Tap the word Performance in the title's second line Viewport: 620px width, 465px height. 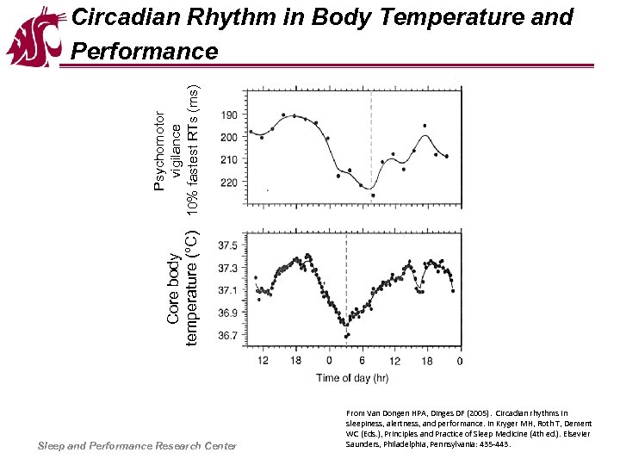coord(145,52)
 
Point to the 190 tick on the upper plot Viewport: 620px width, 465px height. coord(230,115)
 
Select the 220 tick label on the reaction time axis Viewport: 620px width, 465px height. coord(230,183)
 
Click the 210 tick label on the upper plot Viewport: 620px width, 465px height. coord(230,160)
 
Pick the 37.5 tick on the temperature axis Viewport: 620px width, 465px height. coord(228,245)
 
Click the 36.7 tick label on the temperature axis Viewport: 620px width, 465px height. coord(228,336)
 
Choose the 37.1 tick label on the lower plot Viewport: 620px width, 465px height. coord(228,290)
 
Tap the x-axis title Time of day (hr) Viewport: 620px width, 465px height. coord(351,377)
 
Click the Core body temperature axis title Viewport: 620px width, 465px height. coord(183,288)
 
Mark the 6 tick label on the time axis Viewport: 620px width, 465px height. coord(363,360)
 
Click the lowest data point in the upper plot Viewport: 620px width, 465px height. coord(373,195)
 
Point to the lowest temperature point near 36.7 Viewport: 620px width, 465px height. coord(345,335)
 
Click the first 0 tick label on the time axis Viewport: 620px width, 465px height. coord(329,360)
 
